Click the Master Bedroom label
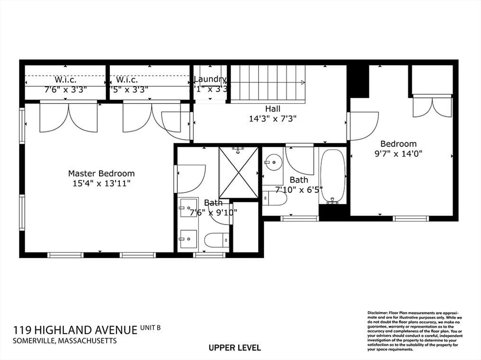coord(101,173)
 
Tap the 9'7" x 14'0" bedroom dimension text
coord(398,153)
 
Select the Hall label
coord(272,109)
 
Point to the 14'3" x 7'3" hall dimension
coord(272,118)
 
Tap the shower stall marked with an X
coord(238,172)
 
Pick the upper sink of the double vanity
coord(188,208)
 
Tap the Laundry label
coord(210,79)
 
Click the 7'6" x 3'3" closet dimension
coord(65,89)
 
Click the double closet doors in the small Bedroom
coord(432,107)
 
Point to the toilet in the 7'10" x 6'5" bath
coord(275,198)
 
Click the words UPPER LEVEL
coord(235,348)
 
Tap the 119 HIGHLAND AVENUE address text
coord(75,330)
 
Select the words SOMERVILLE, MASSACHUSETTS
coord(64,341)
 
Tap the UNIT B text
coord(151,327)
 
